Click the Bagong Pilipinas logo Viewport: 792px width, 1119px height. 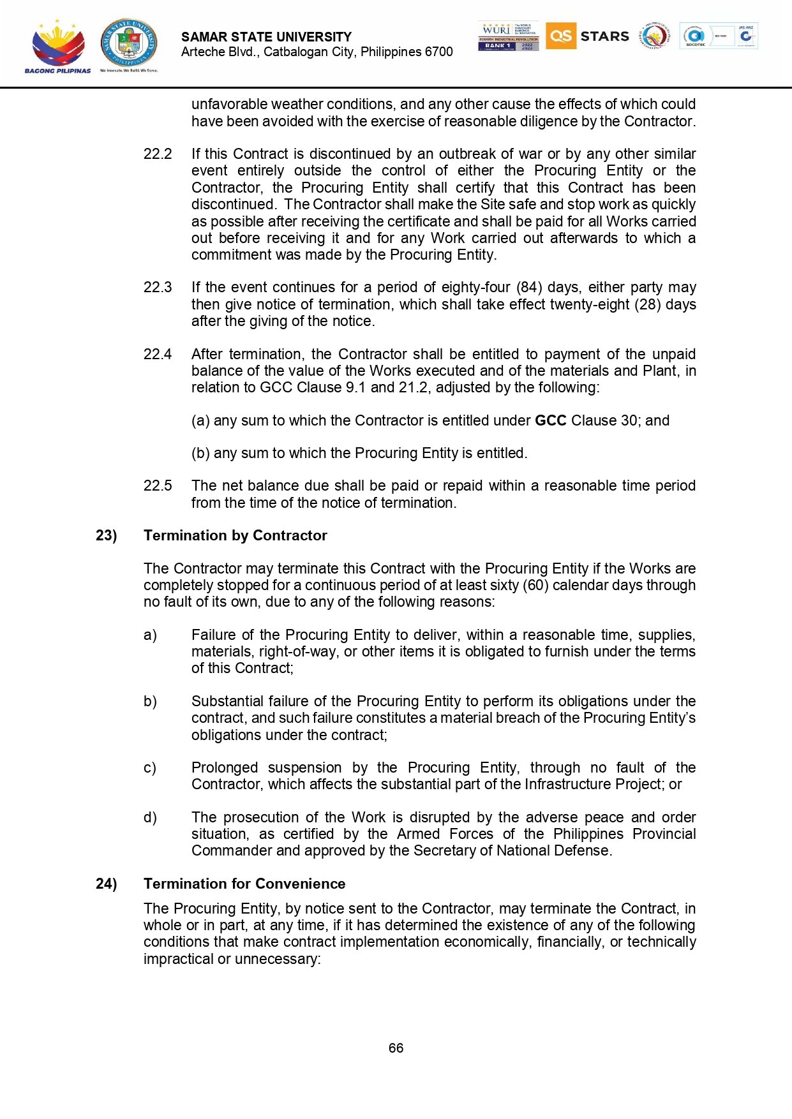click(x=57, y=46)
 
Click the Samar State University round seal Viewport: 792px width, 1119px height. click(x=128, y=43)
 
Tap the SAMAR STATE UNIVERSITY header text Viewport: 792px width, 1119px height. click(x=266, y=37)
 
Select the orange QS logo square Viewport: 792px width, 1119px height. click(x=560, y=36)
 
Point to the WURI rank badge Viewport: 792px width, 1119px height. click(x=508, y=36)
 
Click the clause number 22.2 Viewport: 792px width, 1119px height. click(x=158, y=154)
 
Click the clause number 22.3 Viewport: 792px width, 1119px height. click(x=158, y=288)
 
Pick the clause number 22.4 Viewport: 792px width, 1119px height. click(x=158, y=355)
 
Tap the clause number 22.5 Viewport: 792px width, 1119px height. click(x=158, y=486)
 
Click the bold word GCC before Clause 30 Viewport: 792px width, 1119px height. click(x=550, y=421)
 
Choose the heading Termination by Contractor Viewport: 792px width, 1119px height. click(x=235, y=536)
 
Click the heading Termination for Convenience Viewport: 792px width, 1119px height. click(x=244, y=884)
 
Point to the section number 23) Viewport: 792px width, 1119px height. click(x=107, y=536)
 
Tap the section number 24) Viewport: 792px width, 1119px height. click(x=107, y=884)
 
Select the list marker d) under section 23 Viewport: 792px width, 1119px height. click(x=150, y=818)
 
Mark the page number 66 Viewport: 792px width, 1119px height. click(x=396, y=1048)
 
